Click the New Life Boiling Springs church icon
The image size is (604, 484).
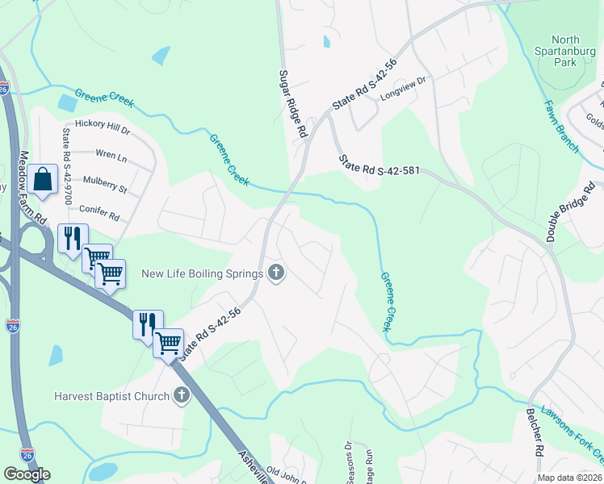276,273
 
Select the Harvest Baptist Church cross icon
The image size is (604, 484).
182,395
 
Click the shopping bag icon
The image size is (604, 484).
44,179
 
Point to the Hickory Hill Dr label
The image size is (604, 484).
102,125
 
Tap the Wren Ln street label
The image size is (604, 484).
111,154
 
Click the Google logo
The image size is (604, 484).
27,474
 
